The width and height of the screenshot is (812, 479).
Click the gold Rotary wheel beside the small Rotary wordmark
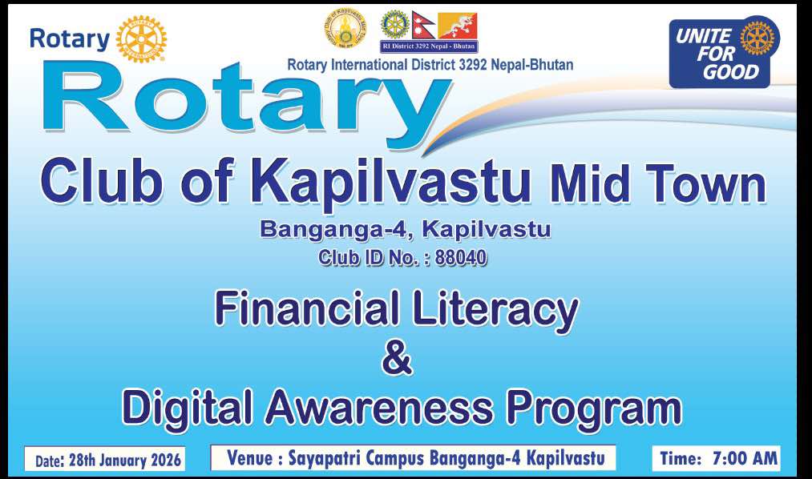click(141, 38)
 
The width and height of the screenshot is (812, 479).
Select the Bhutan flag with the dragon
click(457, 26)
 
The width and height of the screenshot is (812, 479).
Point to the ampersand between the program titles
click(398, 359)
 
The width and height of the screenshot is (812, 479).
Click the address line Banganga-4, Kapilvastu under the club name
click(405, 230)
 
